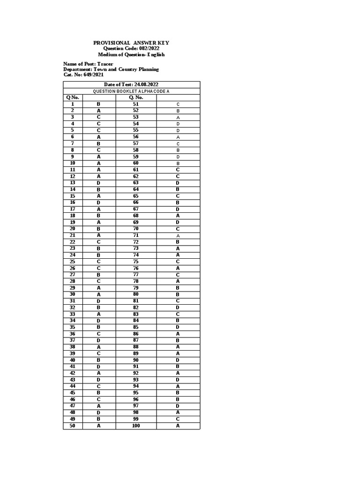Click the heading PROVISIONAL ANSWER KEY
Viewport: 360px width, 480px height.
[131, 43]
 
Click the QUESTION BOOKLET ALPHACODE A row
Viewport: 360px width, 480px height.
[131, 90]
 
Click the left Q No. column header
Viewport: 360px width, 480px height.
[73, 97]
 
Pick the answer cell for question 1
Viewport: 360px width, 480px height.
[99, 104]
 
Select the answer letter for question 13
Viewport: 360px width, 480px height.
[99, 182]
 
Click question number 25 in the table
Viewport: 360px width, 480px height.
[73, 261]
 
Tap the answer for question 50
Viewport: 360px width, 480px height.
[99, 426]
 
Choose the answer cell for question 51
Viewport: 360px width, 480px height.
[178, 104]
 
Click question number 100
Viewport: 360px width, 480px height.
[136, 426]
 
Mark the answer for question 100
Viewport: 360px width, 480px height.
[178, 426]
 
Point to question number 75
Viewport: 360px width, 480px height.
[136, 261]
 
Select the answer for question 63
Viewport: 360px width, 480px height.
[178, 182]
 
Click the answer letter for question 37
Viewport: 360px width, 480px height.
[99, 340]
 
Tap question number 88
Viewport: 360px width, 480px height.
[136, 346]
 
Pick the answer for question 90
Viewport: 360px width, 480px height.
[178, 360]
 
